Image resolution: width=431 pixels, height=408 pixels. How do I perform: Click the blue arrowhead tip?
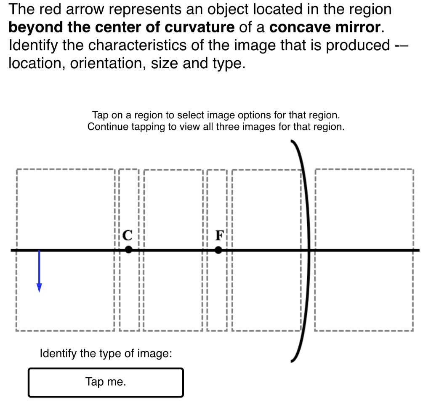pyautogui.click(x=39, y=291)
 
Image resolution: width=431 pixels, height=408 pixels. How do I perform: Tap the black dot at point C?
pyautogui.click(x=129, y=250)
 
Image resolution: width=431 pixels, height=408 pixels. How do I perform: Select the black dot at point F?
pyautogui.click(x=218, y=250)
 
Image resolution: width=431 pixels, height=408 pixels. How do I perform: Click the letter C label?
pyautogui.click(x=128, y=235)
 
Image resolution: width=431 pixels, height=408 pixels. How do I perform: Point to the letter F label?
pyautogui.click(x=219, y=235)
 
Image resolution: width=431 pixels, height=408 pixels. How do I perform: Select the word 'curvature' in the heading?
pyautogui.click(x=199, y=27)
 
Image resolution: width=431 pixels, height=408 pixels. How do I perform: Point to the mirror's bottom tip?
pyautogui.click(x=292, y=360)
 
